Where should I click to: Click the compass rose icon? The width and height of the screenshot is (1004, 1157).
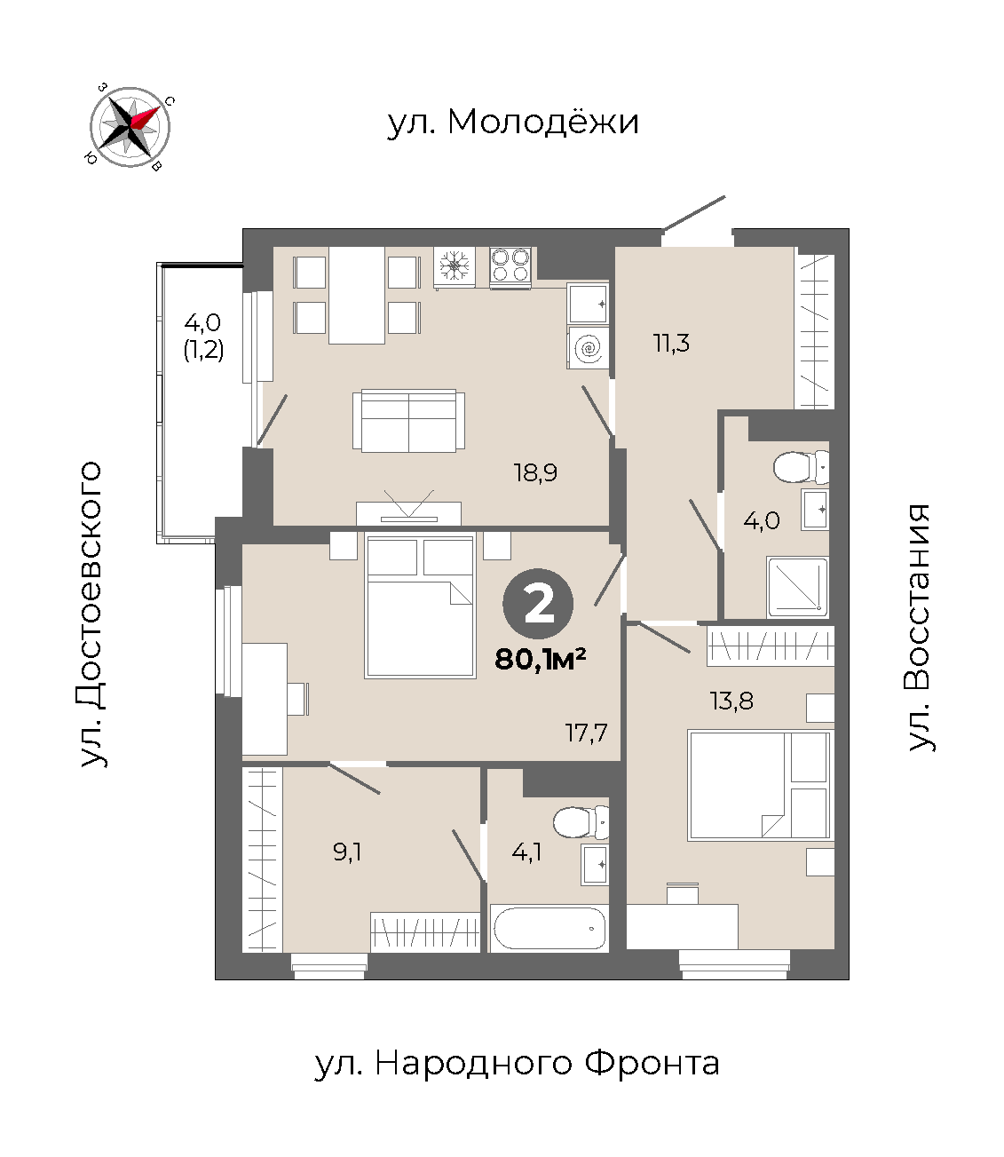130,127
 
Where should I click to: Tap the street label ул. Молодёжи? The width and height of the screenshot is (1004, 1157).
513,122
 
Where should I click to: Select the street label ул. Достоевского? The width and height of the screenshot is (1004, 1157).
91,614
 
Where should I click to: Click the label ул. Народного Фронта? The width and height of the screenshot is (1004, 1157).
517,1063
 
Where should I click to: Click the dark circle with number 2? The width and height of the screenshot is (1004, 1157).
538,605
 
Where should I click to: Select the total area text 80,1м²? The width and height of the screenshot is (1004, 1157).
540,659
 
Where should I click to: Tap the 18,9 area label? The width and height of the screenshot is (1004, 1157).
535,472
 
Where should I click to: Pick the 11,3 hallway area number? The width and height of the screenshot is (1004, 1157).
672,344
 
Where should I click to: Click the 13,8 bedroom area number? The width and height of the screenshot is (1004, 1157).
731,701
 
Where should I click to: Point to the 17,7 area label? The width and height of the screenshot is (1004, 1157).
586,733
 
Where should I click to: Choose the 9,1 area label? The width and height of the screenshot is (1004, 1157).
347,852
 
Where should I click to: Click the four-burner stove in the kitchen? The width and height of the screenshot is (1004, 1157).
510,267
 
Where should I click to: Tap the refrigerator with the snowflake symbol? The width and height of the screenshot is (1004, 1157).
455,267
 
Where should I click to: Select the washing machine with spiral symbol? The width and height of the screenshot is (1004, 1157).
588,348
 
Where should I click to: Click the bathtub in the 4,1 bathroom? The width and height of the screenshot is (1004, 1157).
549,929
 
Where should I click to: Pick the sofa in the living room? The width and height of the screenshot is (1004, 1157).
408,421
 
